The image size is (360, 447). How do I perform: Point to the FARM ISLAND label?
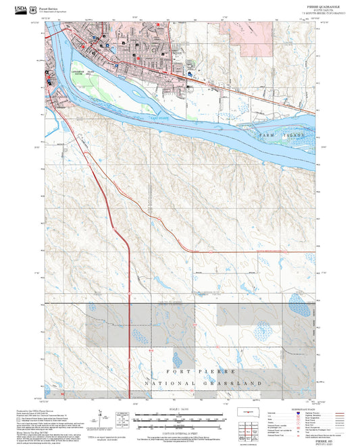(283, 136)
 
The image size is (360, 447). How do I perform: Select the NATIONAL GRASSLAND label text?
(202, 384)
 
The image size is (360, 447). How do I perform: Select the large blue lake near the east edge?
(297, 299)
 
